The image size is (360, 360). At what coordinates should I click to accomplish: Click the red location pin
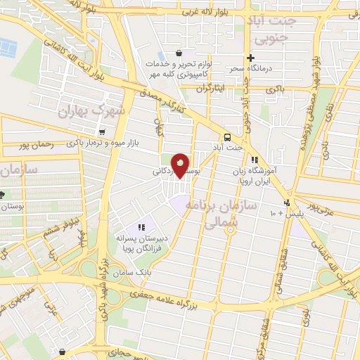181,167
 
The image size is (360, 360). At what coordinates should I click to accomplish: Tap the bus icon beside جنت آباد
227,137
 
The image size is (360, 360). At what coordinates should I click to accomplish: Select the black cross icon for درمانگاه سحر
250,58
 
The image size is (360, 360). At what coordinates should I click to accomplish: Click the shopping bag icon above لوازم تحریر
179,53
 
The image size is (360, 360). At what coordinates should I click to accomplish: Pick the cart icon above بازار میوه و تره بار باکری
103,131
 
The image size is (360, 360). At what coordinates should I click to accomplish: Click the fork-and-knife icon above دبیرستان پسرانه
141,227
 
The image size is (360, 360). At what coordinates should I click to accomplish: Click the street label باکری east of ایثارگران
276,91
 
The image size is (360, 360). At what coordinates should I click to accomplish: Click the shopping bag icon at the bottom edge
63,352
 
